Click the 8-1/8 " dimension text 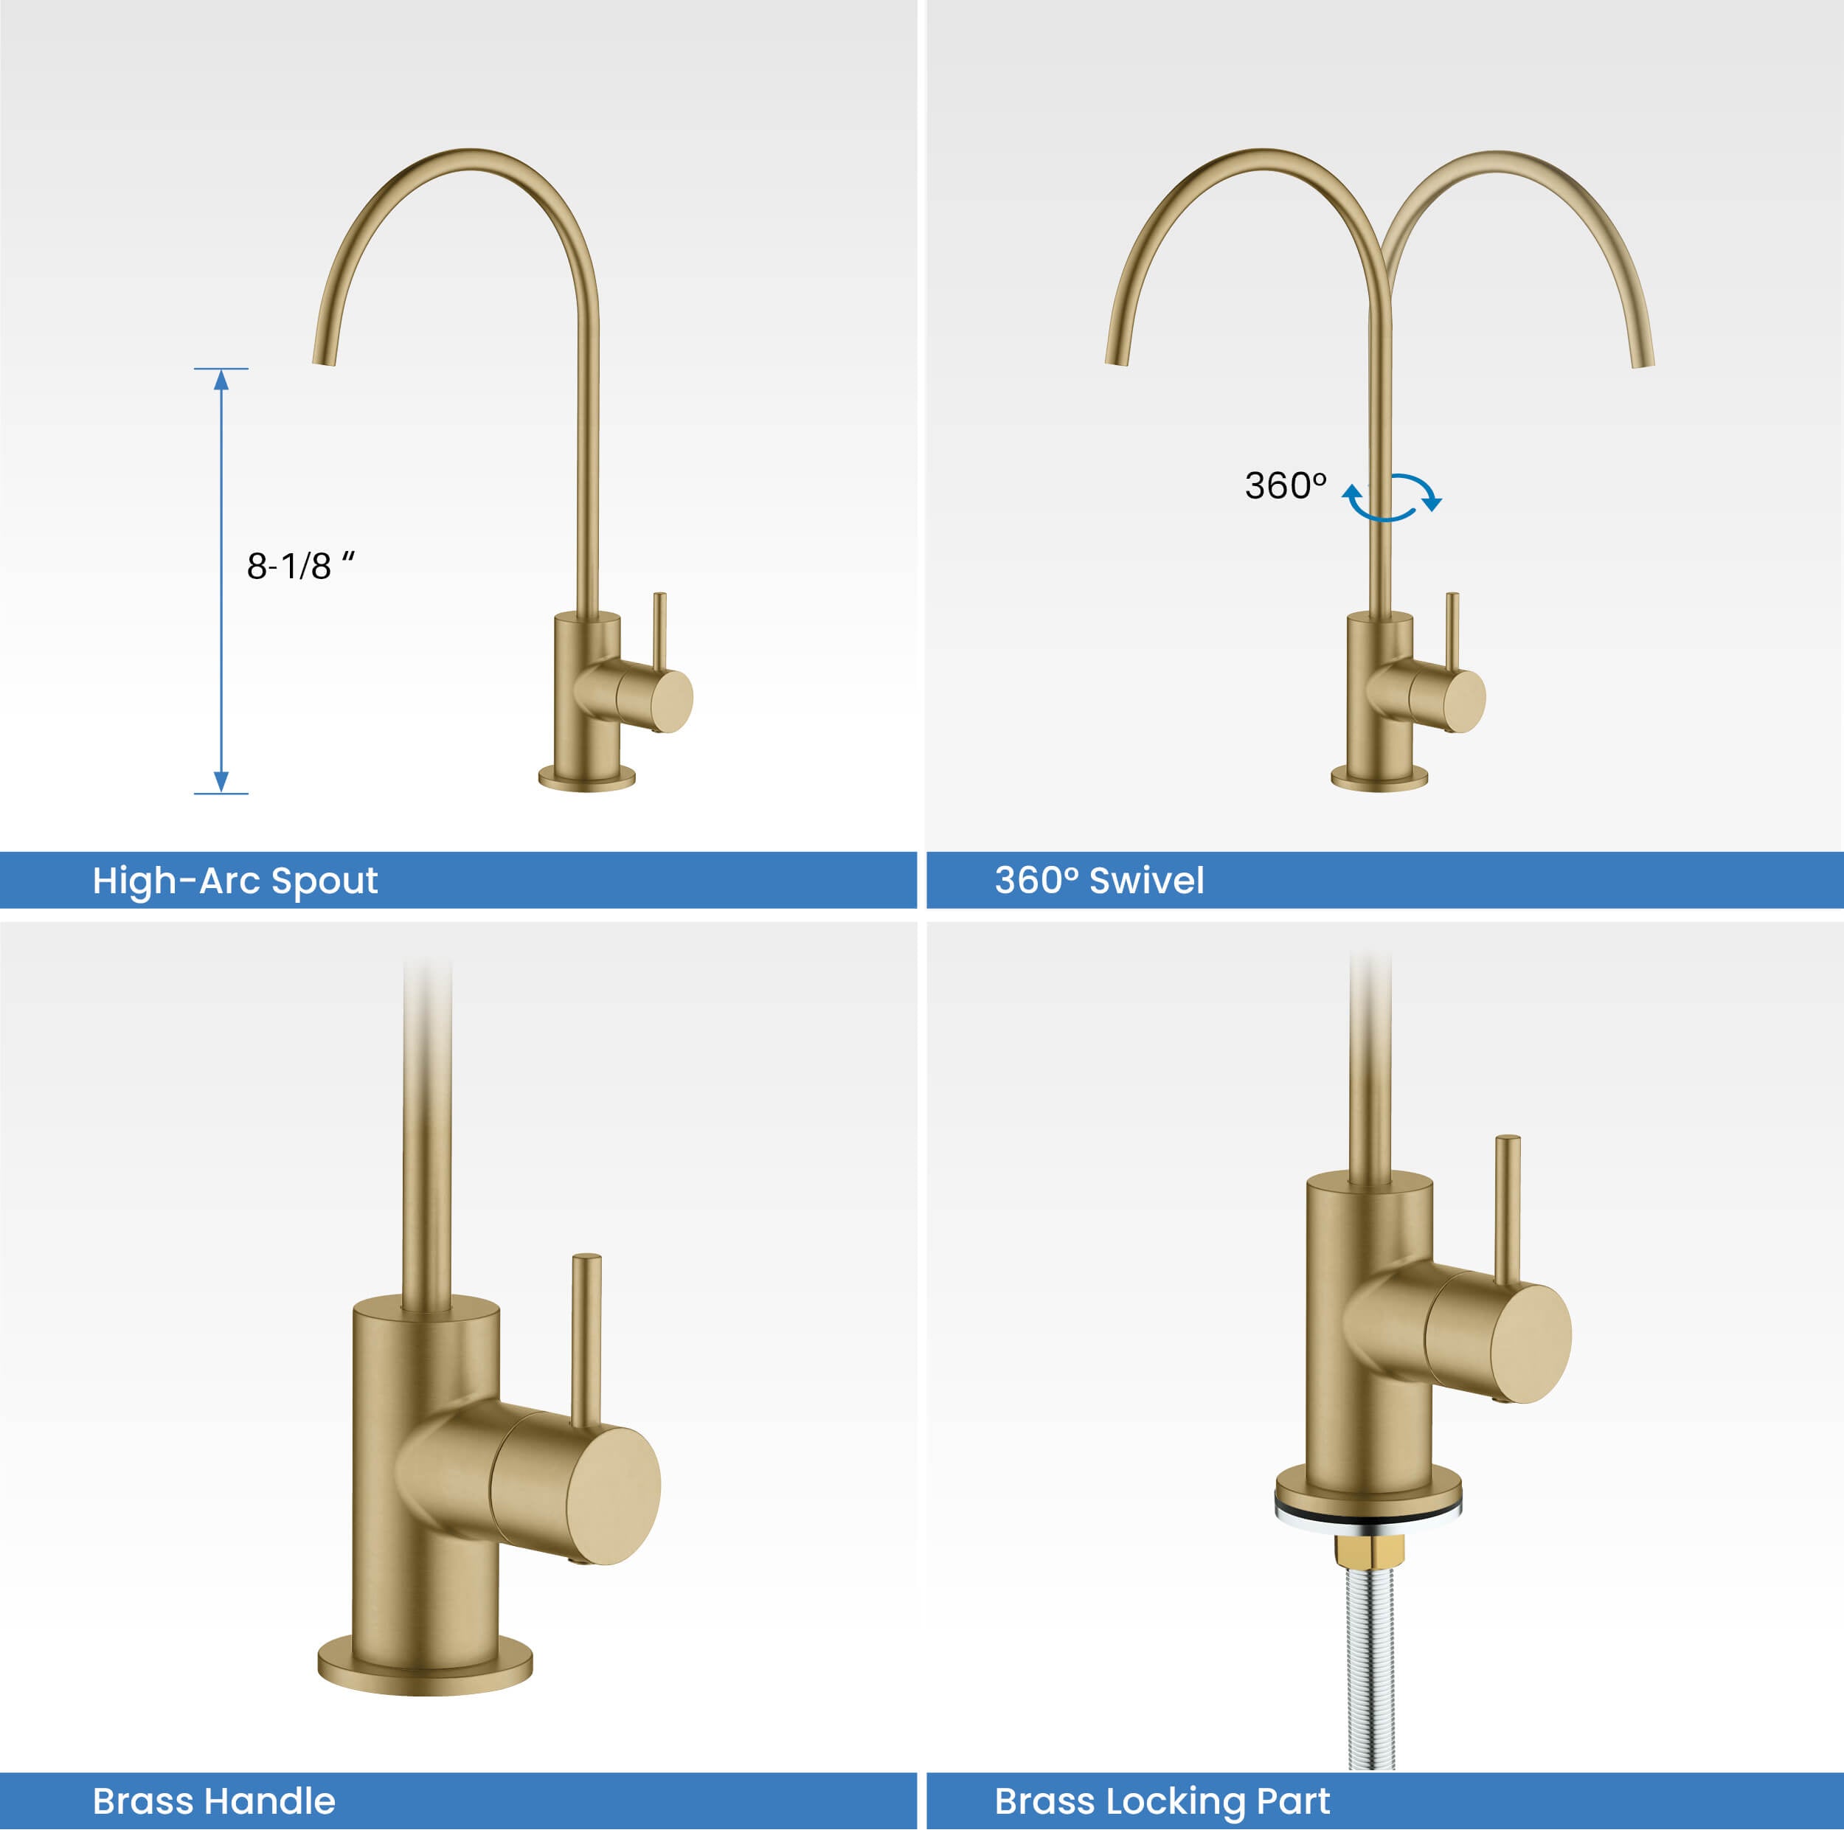(301, 565)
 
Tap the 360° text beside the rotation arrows (1285, 486)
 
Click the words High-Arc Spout (235, 881)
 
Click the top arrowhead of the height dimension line (221, 380)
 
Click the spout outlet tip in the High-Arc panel (324, 361)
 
